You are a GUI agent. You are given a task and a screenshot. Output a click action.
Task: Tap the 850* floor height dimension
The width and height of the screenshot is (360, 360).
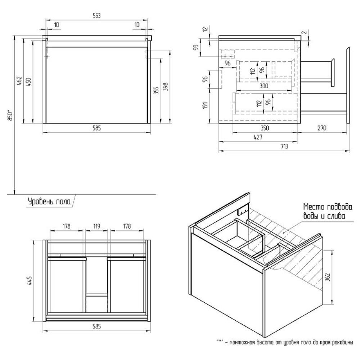coord(11,116)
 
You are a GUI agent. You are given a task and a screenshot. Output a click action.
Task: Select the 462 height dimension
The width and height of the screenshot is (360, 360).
coord(20,82)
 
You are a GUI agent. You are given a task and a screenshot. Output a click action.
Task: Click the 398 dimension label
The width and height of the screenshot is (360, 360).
coord(166,87)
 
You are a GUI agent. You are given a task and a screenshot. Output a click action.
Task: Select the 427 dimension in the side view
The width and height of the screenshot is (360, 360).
coord(258,137)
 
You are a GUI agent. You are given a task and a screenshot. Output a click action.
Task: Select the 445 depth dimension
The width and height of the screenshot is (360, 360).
coord(30,280)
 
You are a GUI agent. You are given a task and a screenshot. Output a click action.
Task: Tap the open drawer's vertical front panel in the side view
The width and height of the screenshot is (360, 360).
coord(348,86)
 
